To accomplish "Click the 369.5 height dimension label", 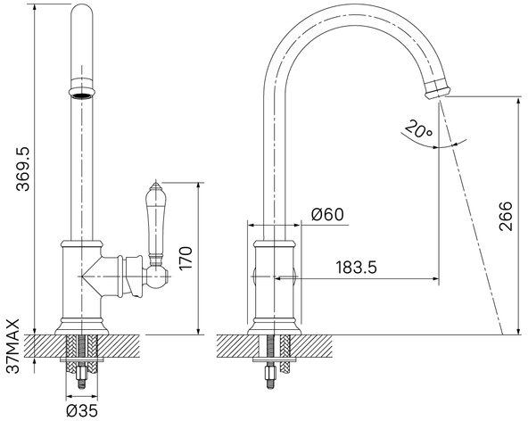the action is (23, 169).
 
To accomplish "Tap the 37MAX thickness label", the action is (13, 346).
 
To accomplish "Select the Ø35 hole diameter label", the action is (82, 410).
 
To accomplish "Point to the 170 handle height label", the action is (186, 258).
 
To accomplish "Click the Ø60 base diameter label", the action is (327, 214).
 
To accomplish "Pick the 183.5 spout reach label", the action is (357, 268).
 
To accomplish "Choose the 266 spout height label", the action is (506, 216).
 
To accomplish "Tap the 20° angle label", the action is (418, 129).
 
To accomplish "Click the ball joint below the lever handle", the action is (157, 277).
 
